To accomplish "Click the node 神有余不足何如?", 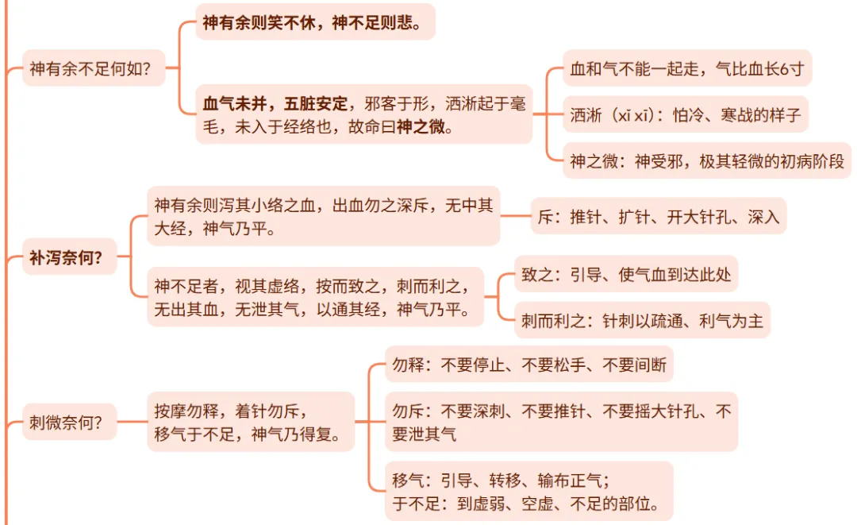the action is (90, 69).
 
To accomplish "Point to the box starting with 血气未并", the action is (363, 115).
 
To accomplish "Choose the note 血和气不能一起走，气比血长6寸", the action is (686, 69).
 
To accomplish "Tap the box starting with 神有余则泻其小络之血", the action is (323, 217).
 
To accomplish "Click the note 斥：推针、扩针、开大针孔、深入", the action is (659, 216).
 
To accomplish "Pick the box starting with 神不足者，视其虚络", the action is (318, 297).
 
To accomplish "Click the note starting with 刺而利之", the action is (642, 321).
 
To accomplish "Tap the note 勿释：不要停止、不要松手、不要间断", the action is (529, 366).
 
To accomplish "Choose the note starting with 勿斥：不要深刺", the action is (561, 422).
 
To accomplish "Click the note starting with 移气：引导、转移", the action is (528, 491).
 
